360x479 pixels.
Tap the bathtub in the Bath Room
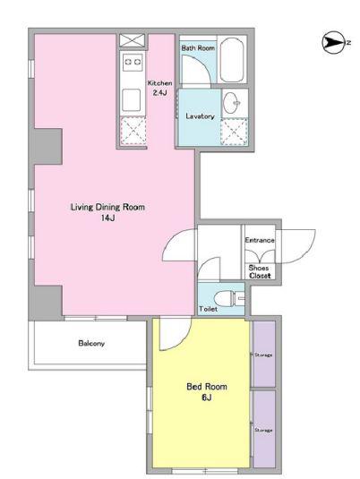tap(232, 60)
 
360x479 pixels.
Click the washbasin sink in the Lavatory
tap(232, 102)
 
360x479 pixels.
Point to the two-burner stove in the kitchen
tap(133, 62)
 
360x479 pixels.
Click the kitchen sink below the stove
tap(132, 100)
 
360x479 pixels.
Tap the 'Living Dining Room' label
tap(107, 207)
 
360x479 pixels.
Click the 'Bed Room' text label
tap(207, 387)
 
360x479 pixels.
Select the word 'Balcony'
tap(91, 343)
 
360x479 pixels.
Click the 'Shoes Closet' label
tap(260, 271)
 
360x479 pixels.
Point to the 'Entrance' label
tap(260, 240)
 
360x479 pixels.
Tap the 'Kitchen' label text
tap(159, 82)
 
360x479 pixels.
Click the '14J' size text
tap(107, 218)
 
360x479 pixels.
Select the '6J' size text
tap(207, 398)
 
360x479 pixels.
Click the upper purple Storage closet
tap(264, 354)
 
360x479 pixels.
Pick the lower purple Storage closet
tap(264, 429)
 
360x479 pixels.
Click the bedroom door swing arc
tap(183, 340)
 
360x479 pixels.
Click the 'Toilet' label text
tap(208, 309)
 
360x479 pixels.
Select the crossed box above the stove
tap(132, 40)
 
